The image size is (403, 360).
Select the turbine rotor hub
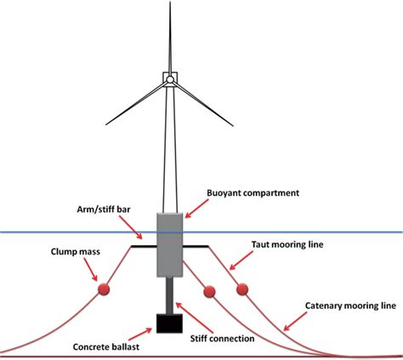coord(170,80)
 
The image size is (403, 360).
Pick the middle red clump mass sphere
coord(208,292)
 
